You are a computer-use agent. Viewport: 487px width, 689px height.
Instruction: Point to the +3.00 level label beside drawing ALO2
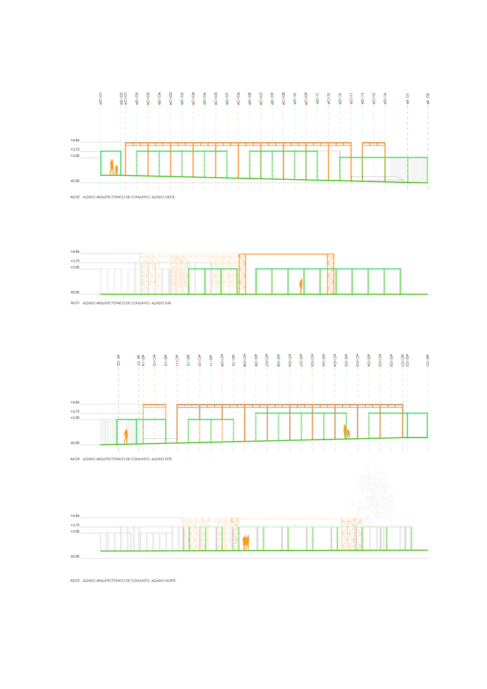(75, 156)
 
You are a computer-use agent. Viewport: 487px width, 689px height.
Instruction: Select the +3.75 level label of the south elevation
(75, 261)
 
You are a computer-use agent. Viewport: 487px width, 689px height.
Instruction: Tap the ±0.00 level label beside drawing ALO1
(75, 292)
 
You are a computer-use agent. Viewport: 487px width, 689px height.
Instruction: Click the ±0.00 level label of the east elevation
(75, 443)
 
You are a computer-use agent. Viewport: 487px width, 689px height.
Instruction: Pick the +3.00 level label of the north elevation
(75, 532)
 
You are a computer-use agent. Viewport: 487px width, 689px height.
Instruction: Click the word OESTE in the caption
(177, 197)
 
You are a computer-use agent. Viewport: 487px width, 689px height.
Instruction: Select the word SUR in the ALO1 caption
(166, 303)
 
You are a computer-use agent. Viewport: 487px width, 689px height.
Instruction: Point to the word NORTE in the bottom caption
(171, 581)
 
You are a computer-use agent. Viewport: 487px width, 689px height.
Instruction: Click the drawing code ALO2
(75, 197)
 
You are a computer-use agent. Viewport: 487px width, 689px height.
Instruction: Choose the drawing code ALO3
(75, 581)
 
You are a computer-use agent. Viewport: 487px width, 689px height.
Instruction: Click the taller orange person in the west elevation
(111, 167)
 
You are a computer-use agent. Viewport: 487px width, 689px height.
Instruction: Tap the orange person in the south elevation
(301, 283)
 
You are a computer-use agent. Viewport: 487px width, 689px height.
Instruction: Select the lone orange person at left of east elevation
(126, 435)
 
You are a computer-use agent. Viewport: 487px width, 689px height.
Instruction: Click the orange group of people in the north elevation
(245, 542)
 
